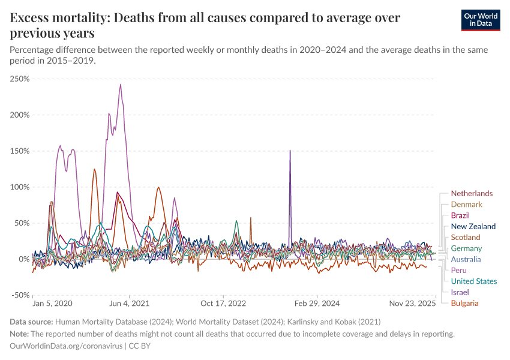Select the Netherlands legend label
coord(471,193)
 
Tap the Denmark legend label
coord(466,205)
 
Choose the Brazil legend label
coord(460,215)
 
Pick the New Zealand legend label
coord(473,226)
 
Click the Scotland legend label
coord(465,238)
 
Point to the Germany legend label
coord(466,248)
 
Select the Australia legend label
coord(466,259)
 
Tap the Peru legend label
coord(459,270)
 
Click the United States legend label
coord(473,281)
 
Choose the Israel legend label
coord(460,292)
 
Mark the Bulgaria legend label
coord(464,303)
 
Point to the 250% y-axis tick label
coord(20,79)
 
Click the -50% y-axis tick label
coord(20,295)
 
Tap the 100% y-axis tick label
coord(20,187)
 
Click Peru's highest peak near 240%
coord(121,84)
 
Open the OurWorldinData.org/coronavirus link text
coord(66,346)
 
